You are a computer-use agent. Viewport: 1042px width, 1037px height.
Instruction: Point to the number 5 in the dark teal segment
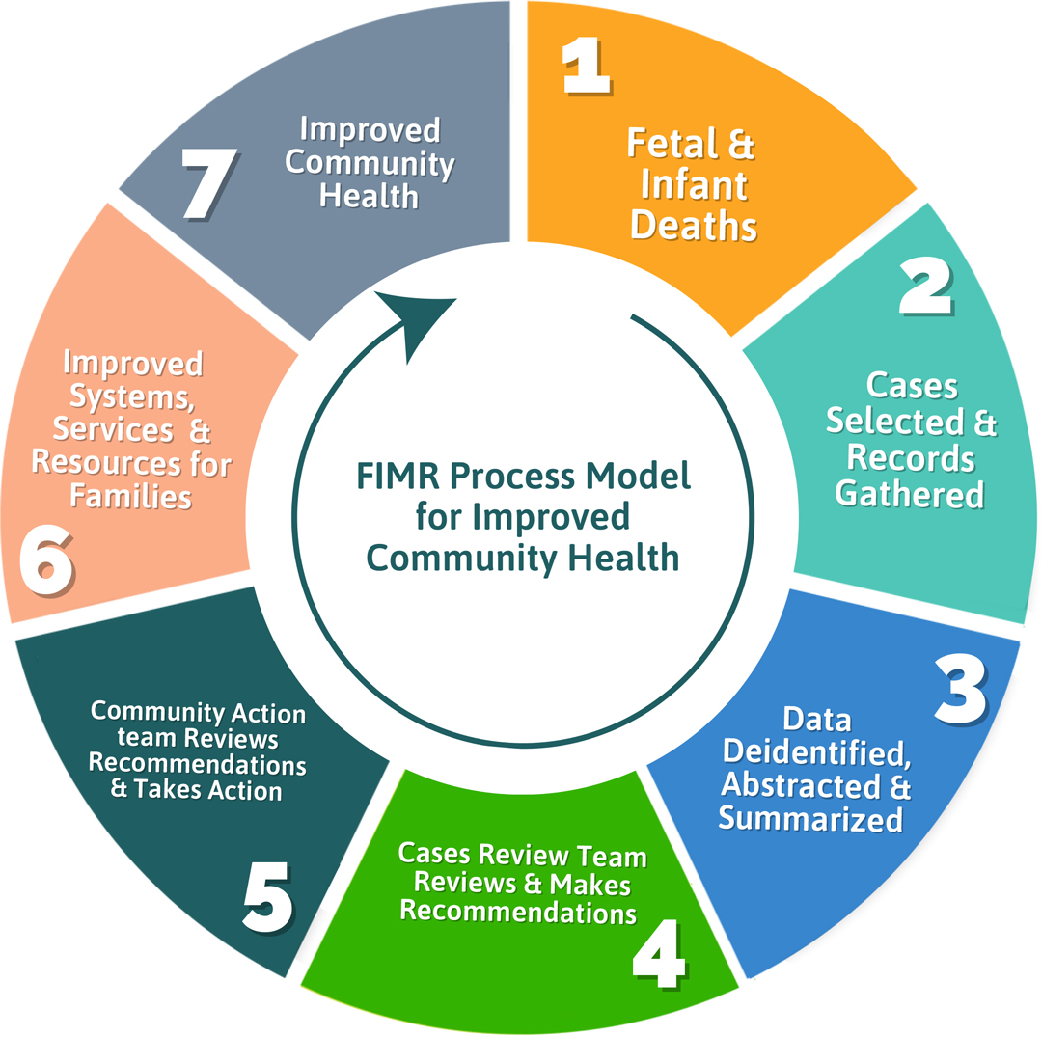coord(267,898)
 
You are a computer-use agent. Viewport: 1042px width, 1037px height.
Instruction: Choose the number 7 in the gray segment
coord(209,183)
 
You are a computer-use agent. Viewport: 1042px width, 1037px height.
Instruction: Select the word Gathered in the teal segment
coord(909,494)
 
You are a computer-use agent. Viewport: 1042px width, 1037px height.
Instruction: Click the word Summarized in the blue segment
coord(810,819)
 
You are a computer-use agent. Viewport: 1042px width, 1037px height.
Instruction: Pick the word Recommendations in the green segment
coord(518,910)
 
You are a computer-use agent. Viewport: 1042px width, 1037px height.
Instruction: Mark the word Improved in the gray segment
coord(369,130)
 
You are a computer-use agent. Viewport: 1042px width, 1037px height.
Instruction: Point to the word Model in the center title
coord(642,477)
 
